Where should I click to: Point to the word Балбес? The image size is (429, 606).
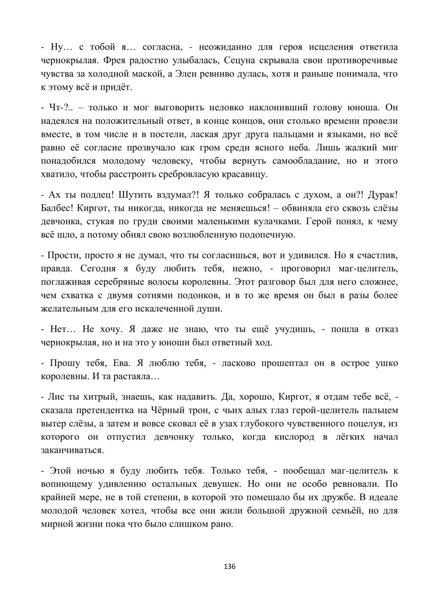[58, 208]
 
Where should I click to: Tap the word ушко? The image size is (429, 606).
[387, 363]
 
